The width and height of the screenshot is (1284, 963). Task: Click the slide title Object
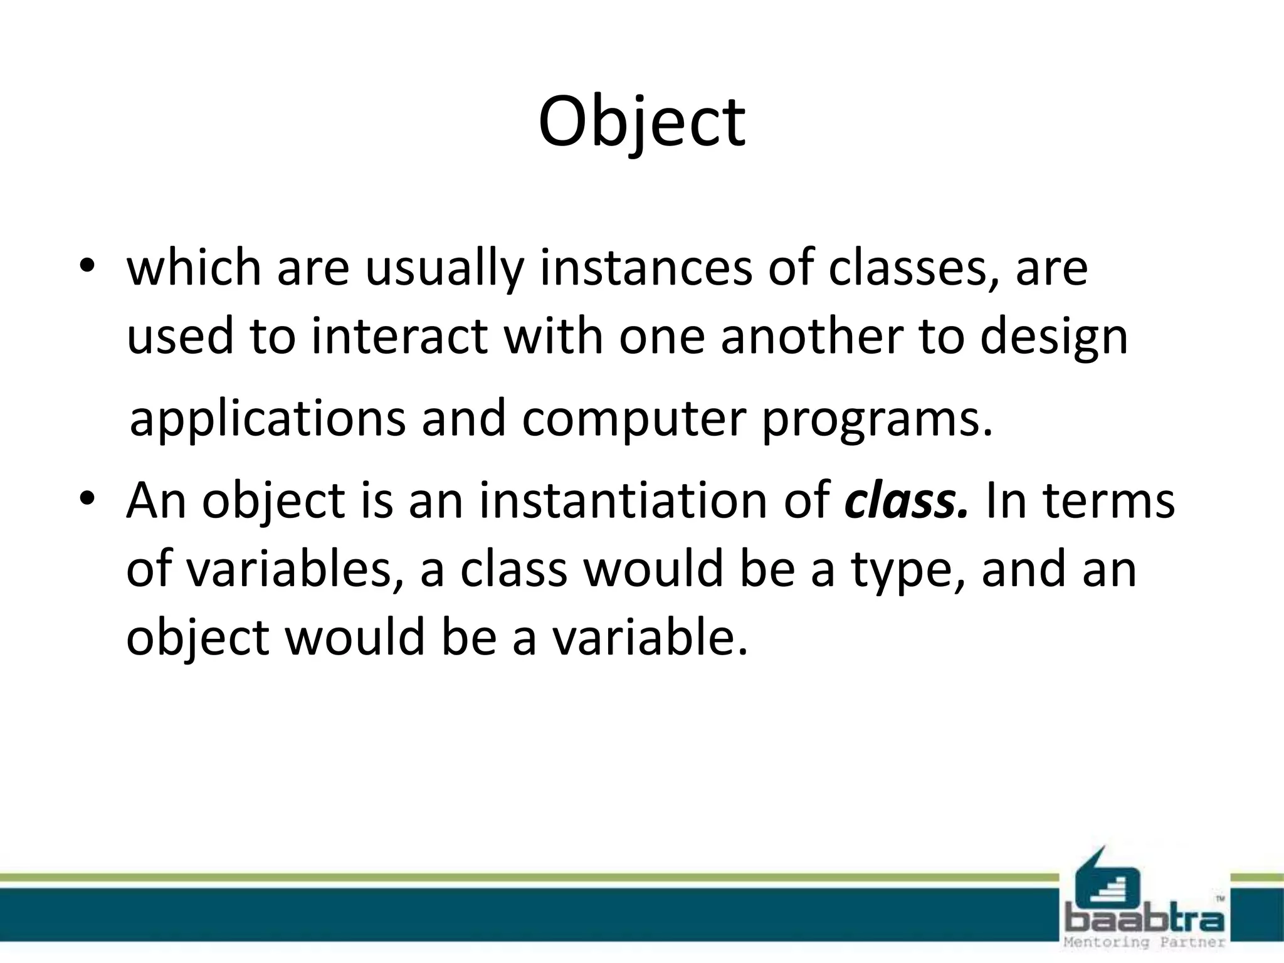[641, 122]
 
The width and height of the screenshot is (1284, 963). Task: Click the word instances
[645, 268]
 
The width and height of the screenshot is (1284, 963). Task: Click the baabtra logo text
[1144, 920]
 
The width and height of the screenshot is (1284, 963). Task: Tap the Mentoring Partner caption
[1144, 942]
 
